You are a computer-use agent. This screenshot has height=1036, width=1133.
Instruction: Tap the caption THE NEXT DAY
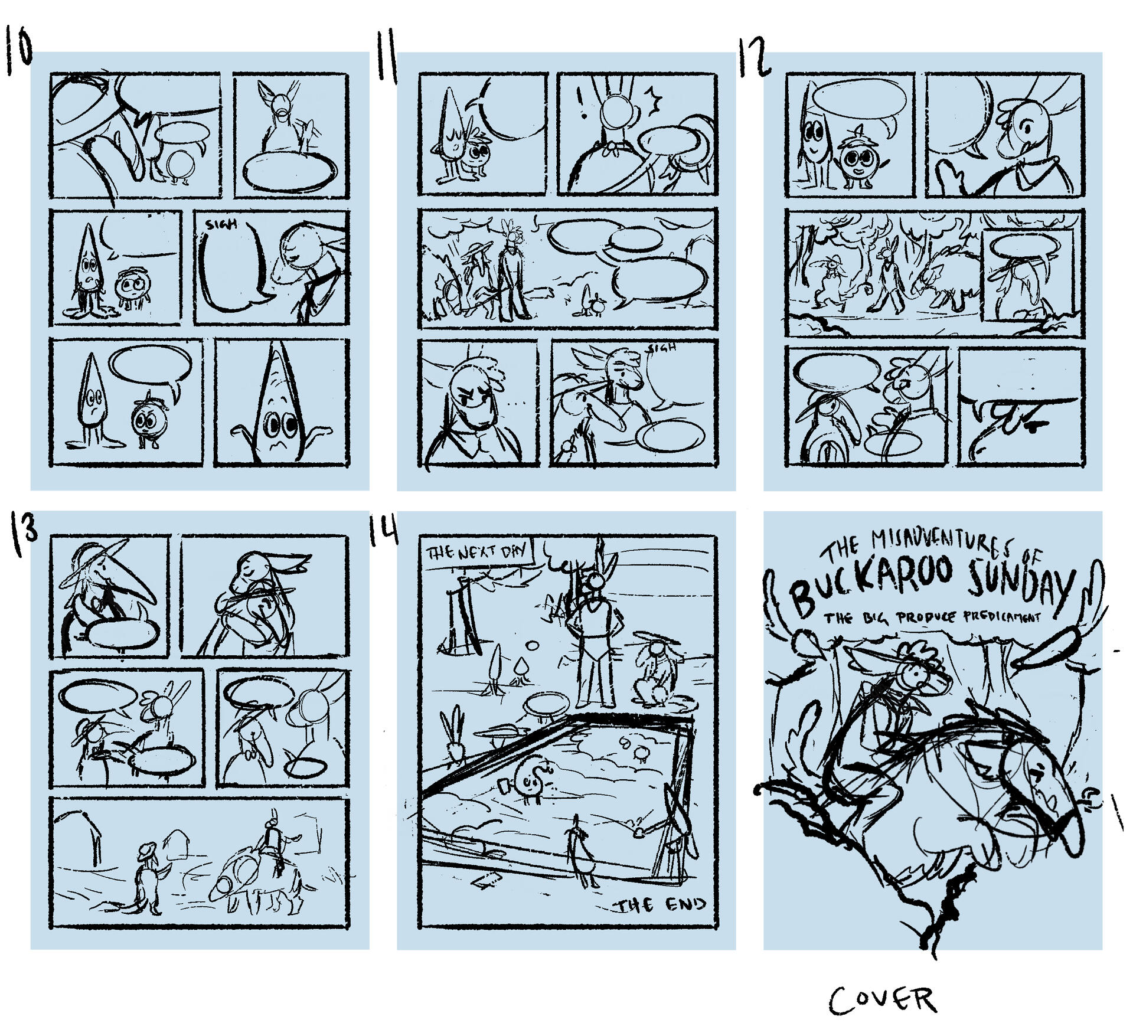(x=477, y=553)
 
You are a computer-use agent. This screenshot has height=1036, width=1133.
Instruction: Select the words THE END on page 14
(x=661, y=905)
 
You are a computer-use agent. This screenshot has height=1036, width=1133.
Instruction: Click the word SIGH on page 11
(x=662, y=349)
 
